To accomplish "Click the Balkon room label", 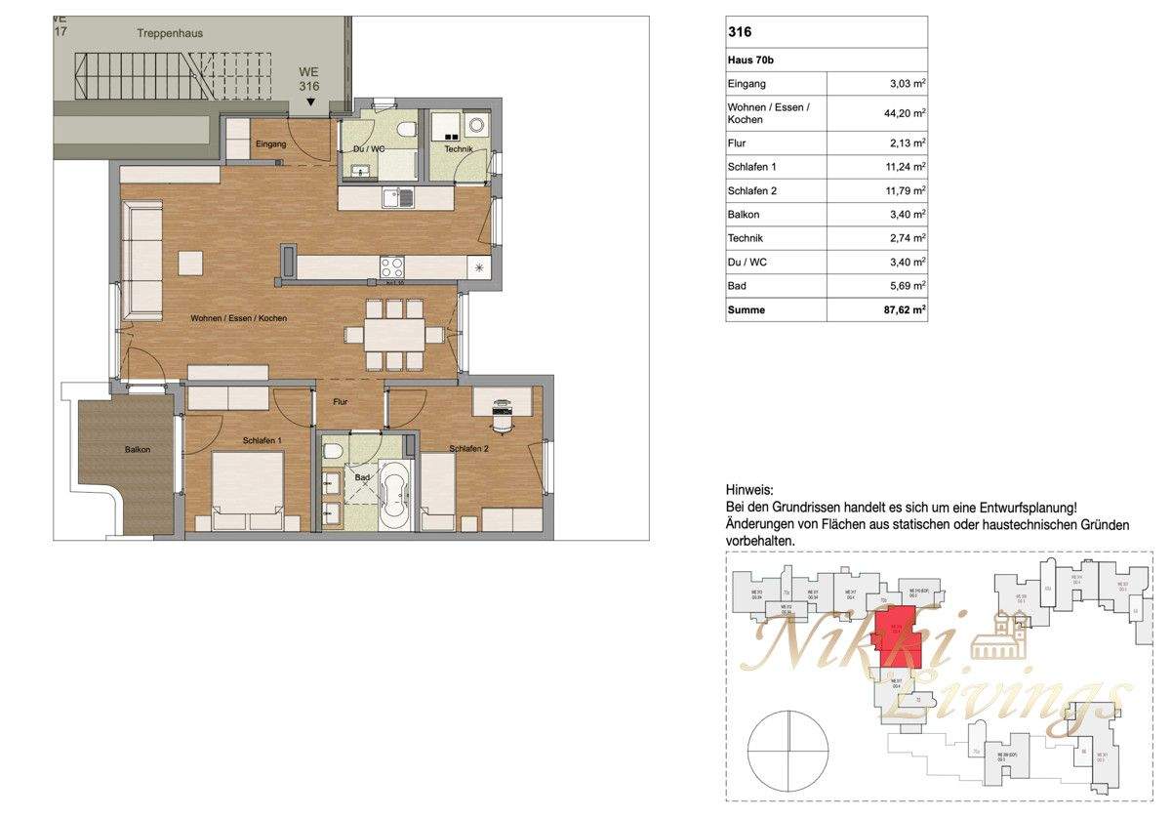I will coord(138,450).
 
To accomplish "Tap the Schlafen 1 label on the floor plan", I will coord(262,441).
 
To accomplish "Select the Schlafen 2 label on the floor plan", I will coord(468,449).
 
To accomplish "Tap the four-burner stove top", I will coord(392,266).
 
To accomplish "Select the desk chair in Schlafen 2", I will coord(502,420).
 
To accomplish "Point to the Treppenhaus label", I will coord(169,33).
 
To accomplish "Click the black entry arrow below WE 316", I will coord(310,102).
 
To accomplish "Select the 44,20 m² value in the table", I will coord(904,112).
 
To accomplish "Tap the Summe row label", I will coord(747,310).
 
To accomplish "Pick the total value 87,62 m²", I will coord(902,310).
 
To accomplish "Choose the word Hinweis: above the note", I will coord(749,489).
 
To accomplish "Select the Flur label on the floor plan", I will coord(340,401).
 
